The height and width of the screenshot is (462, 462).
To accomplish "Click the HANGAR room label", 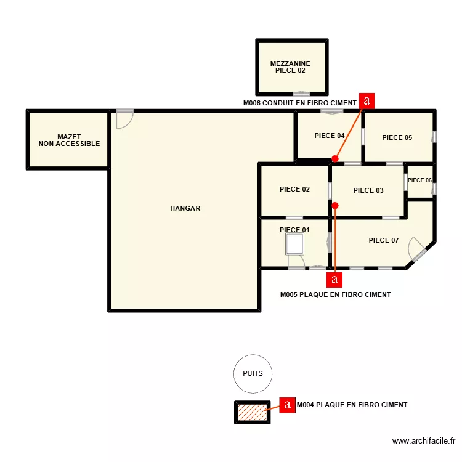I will click(185, 209).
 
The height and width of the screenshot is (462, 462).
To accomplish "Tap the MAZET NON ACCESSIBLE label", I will click(69, 140).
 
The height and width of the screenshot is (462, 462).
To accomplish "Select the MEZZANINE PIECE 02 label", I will click(290, 67).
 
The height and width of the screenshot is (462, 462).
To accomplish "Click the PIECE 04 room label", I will click(329, 136).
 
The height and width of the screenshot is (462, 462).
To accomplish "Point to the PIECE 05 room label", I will click(397, 138).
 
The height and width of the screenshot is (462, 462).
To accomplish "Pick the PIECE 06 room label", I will click(419, 180).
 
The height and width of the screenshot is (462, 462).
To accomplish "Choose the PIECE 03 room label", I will click(368, 191).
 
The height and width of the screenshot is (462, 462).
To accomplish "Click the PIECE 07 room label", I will click(384, 240).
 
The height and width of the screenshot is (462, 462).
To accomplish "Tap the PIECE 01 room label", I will click(294, 230).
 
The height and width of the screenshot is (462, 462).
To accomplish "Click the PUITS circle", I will click(253, 374).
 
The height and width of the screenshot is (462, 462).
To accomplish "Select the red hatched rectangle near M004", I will click(251, 412).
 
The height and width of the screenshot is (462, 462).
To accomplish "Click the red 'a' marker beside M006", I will click(367, 100).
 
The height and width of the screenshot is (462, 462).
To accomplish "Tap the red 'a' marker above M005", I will click(334, 280).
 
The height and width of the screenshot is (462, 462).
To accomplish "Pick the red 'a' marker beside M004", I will click(287, 405).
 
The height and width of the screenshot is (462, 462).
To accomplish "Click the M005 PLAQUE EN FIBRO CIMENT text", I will click(335, 295).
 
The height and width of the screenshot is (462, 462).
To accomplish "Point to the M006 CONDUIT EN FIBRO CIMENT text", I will click(300, 103).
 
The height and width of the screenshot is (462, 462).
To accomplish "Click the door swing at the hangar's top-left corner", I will click(124, 118).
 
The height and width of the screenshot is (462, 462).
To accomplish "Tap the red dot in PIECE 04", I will click(334, 159).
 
